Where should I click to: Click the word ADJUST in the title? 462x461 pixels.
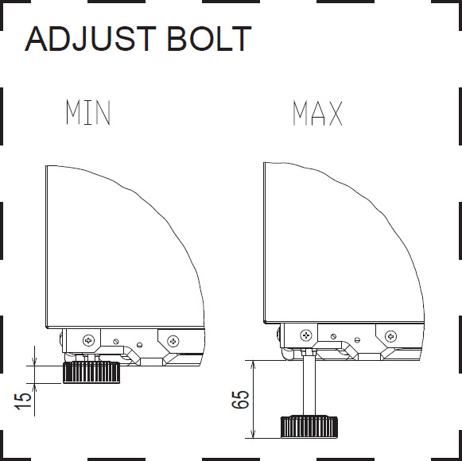[x=91, y=39]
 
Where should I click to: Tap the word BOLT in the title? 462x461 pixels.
[x=209, y=39]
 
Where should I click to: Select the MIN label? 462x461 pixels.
[x=88, y=112]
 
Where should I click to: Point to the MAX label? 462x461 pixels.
[x=317, y=113]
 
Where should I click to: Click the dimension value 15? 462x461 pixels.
[x=23, y=401]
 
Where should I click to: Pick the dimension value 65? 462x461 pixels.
[x=240, y=400]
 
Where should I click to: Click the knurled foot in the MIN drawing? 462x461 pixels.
[x=91, y=372]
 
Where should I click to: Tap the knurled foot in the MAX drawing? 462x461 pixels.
[x=309, y=427]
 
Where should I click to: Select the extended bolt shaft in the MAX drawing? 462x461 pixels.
[x=309, y=385]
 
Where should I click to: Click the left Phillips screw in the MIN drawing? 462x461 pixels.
[x=88, y=340]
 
